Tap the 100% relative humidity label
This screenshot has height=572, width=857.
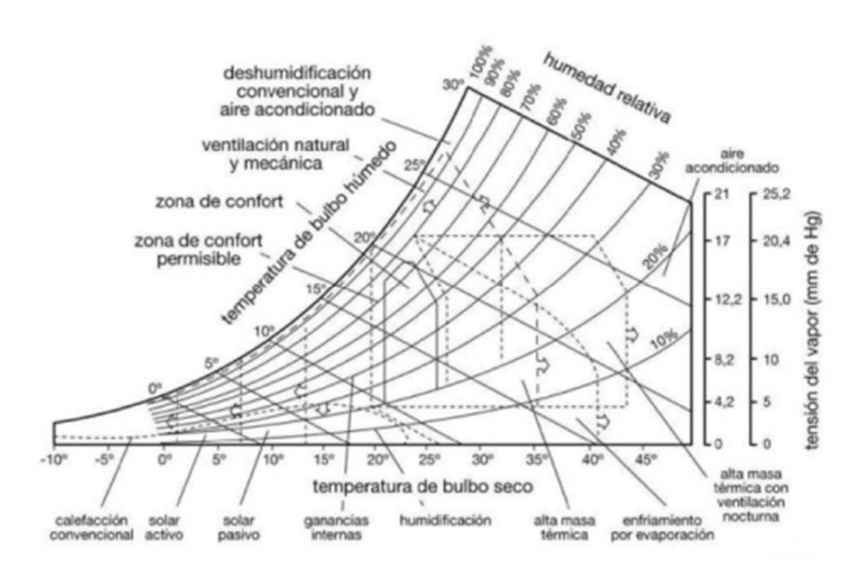tap(483, 72)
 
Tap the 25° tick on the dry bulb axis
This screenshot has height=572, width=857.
tap(430, 461)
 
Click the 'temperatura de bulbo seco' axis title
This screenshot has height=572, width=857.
tap(422, 487)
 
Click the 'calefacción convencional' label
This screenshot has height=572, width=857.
tap(95, 527)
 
